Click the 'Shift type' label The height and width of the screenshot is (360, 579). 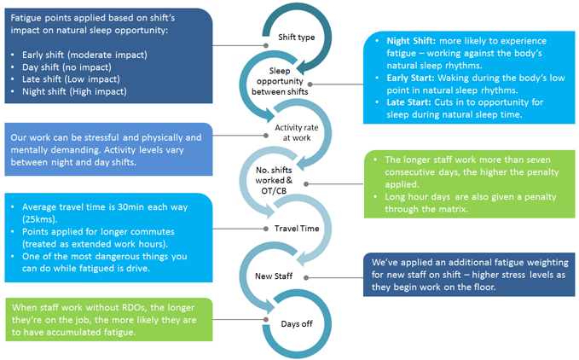[296, 38]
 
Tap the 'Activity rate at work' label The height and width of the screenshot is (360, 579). [295, 133]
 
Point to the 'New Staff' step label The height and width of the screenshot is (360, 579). [275, 276]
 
